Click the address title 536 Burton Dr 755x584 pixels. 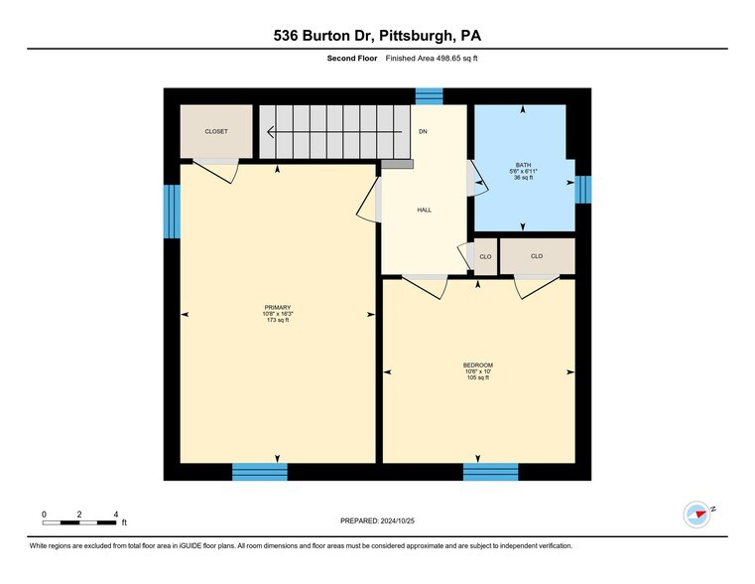click(377, 36)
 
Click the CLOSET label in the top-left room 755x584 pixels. click(216, 131)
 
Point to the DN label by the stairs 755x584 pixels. click(423, 131)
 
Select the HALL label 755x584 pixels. click(424, 210)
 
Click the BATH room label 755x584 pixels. click(523, 165)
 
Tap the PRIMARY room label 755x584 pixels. click(277, 307)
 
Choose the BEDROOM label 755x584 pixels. click(477, 365)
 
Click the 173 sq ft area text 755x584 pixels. click(277, 320)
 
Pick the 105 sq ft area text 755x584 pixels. click(477, 377)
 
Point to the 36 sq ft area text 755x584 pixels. click(523, 177)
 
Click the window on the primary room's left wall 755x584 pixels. click(172, 212)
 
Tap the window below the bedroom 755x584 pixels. click(490, 472)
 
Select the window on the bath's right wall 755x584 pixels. click(583, 189)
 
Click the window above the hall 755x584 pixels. click(429, 95)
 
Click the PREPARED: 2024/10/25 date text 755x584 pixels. click(377, 520)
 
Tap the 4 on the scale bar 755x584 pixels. click(116, 513)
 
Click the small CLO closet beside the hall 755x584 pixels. click(485, 256)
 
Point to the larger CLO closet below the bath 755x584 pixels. click(537, 256)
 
